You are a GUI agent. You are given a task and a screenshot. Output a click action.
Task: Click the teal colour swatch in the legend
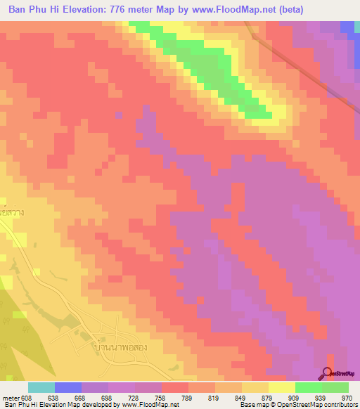(41, 387)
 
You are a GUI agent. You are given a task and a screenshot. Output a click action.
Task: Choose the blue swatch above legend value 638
(68, 387)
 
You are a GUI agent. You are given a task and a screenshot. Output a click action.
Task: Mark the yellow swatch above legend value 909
(281, 387)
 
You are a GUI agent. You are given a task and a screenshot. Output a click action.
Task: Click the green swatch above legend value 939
(308, 387)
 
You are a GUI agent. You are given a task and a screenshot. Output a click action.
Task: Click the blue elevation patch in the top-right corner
(347, 28)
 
